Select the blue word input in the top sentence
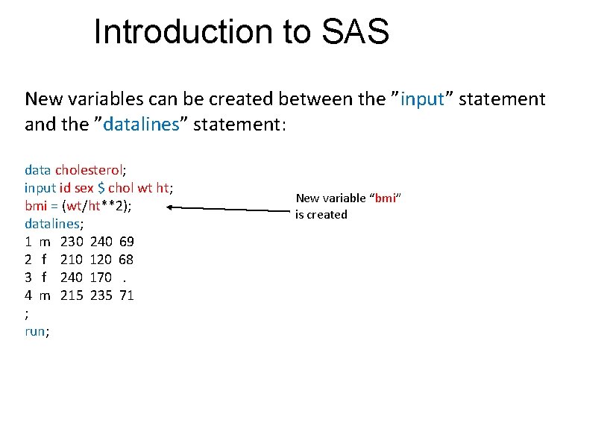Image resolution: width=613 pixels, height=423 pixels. [422, 99]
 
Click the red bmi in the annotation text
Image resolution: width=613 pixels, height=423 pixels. [386, 198]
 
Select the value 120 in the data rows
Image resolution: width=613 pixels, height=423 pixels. [101, 260]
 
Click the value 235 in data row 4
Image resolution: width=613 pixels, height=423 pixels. [101, 295]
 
